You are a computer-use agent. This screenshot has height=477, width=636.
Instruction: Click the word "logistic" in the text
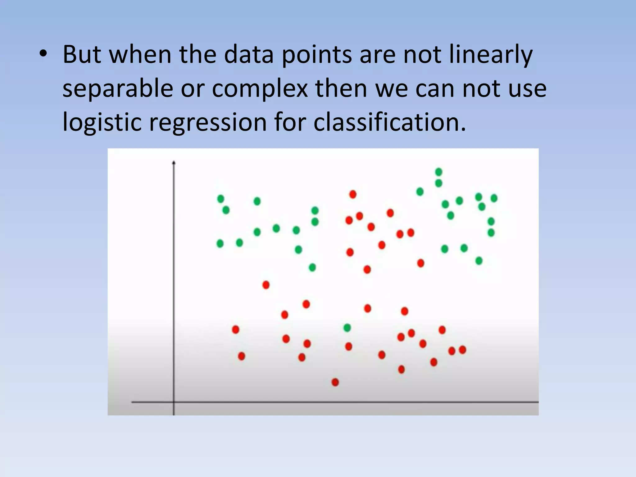(102, 122)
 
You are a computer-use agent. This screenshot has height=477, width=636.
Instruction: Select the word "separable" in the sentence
(118, 89)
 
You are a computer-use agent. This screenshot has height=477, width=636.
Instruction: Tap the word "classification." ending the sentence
(389, 122)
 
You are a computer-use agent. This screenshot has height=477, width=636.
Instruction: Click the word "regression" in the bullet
(208, 122)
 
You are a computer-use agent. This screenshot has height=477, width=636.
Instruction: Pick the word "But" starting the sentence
(82, 55)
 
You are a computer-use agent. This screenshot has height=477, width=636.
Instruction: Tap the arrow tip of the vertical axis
(174, 162)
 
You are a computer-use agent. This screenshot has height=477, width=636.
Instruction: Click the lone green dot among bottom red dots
(347, 328)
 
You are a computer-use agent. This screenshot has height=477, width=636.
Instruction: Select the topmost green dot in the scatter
(438, 172)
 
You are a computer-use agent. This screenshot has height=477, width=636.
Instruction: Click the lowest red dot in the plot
(335, 382)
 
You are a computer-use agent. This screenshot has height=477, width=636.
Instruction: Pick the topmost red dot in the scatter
(353, 194)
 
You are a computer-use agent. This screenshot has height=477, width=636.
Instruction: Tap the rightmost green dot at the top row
(494, 198)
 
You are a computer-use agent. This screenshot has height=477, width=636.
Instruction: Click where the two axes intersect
(174, 402)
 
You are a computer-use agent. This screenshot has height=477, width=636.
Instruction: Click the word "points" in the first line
(317, 55)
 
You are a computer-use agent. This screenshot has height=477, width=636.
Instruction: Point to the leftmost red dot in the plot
(235, 329)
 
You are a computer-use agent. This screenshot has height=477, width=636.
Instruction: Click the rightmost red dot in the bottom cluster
(462, 350)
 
